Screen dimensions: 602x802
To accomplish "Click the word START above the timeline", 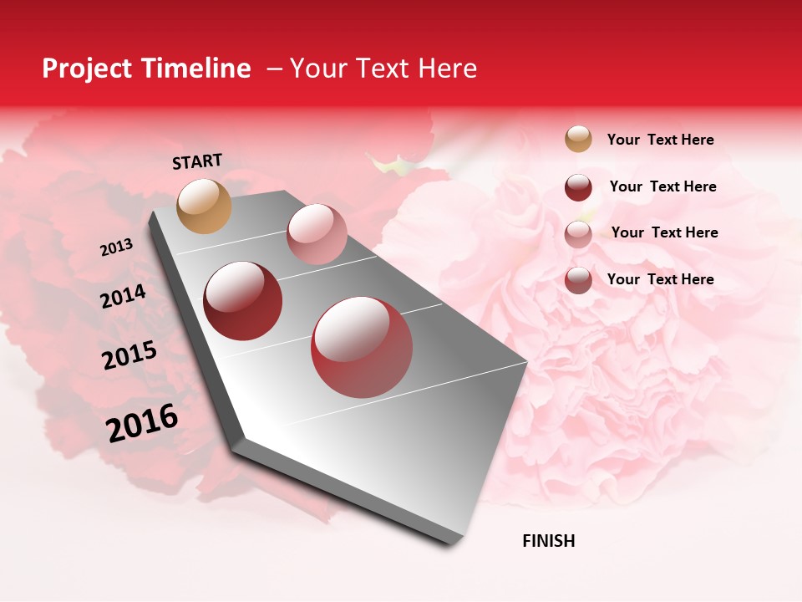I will click(x=197, y=161).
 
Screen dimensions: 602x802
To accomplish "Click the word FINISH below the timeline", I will click(x=548, y=541).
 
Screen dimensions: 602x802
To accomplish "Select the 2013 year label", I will click(x=116, y=247).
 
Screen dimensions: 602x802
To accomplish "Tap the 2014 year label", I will click(x=123, y=297).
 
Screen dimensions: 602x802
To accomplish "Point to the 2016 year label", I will click(x=142, y=423).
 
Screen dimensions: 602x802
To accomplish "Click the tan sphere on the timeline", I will click(x=204, y=206).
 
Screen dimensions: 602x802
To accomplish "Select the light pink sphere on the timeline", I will click(x=317, y=233).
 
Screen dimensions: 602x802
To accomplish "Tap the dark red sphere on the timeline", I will click(x=242, y=301).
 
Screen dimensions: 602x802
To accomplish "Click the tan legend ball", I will click(x=578, y=139).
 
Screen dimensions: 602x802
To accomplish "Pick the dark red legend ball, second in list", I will click(x=578, y=187).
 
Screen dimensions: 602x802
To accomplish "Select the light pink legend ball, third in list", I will click(x=578, y=234).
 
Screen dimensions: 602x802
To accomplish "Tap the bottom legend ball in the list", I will click(x=578, y=280).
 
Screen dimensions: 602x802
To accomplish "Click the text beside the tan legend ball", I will click(x=660, y=140).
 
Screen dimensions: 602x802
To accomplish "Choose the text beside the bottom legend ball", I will click(x=660, y=279).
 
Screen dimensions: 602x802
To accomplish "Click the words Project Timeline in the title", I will click(x=146, y=69).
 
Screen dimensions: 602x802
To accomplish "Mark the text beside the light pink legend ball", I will click(x=664, y=232).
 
